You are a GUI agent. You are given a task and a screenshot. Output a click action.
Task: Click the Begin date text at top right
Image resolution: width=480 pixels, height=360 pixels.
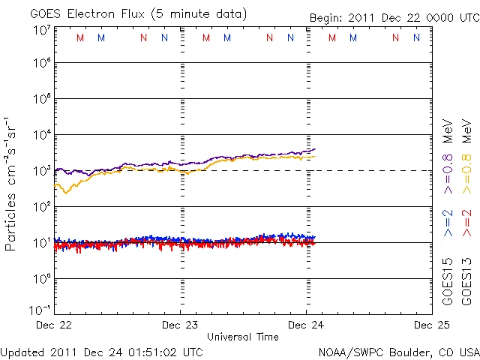point(393,17)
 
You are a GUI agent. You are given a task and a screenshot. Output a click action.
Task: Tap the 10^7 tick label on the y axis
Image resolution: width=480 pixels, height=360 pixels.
point(41,30)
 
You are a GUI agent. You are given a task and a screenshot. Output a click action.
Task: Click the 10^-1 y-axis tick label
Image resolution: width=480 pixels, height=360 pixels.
point(40,310)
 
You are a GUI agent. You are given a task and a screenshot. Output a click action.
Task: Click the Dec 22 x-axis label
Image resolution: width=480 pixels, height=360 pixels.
point(55,325)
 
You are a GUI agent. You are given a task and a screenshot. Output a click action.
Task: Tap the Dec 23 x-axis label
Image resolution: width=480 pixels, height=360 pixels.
point(181,325)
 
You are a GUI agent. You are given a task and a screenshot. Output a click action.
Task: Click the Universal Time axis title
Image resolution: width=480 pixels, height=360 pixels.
point(243,337)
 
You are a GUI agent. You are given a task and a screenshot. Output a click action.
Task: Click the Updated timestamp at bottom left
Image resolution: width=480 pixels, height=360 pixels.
point(101,351)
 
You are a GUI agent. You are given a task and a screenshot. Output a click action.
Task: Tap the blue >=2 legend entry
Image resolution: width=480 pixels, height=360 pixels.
point(448,223)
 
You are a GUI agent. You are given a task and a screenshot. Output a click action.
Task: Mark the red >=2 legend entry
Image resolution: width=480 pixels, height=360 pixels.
point(467,223)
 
